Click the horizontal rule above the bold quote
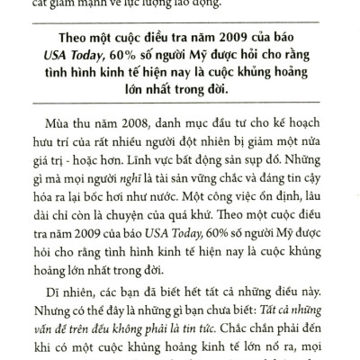[180, 23]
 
